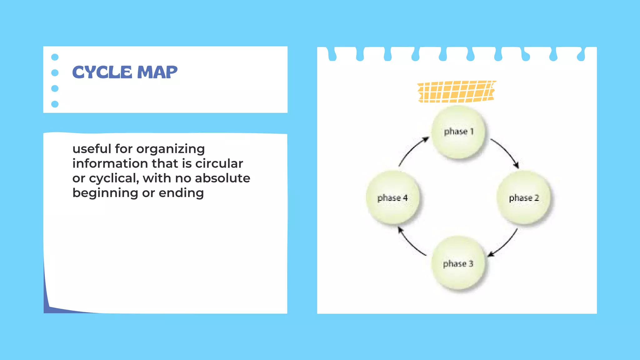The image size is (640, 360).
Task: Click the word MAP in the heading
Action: (157, 72)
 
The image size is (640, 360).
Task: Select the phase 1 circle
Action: (458, 132)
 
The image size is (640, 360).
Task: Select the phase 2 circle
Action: (523, 197)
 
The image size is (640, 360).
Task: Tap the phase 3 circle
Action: (458, 263)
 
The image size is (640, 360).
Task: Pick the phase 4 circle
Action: (392, 197)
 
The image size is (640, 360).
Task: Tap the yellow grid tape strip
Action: (456, 92)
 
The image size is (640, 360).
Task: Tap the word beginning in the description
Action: (105, 193)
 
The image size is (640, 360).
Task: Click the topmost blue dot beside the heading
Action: (55, 57)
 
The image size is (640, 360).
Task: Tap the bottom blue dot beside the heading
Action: (55, 104)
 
